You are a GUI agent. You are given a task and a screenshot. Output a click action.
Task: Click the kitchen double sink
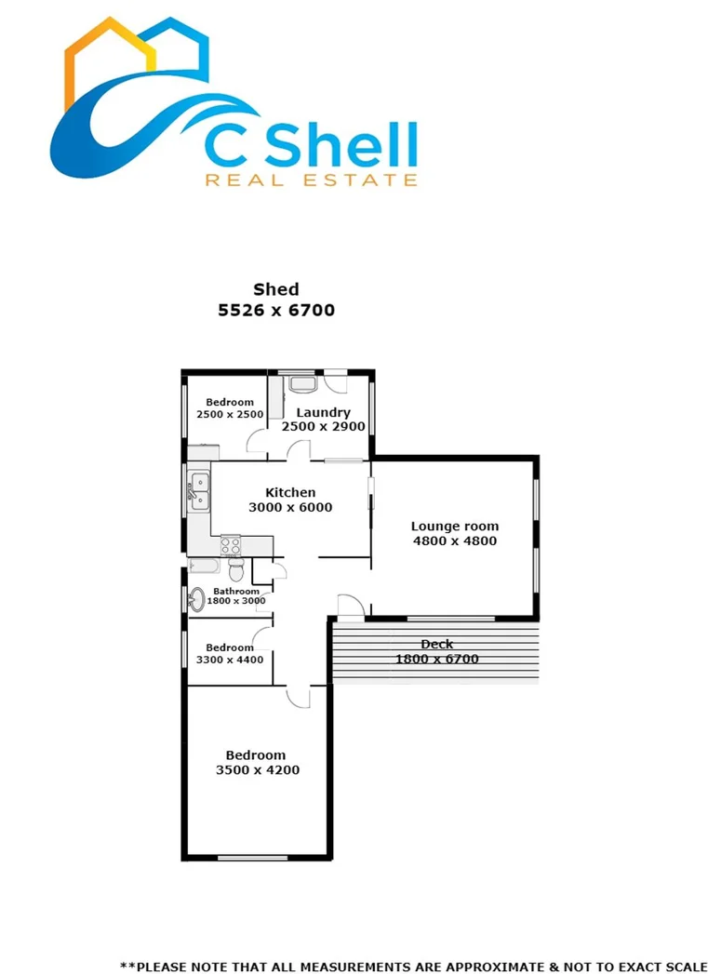pos(199,490)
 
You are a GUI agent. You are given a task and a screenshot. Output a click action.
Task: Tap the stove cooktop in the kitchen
pos(230,545)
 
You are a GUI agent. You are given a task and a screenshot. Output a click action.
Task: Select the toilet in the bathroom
pos(235,568)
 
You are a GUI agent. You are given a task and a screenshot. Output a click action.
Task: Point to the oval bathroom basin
pos(196,600)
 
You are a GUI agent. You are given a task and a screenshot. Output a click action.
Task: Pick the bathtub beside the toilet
pos(204,566)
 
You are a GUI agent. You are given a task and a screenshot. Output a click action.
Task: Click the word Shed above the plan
pos(276,290)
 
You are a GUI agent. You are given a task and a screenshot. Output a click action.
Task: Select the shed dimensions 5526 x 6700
pos(276,311)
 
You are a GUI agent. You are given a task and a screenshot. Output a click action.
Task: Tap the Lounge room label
pos(455,527)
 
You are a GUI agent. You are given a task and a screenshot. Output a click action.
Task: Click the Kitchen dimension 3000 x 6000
pos(290,508)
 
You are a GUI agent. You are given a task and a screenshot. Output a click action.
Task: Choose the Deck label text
pos(436,644)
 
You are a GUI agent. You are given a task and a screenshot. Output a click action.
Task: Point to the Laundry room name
pos(323,412)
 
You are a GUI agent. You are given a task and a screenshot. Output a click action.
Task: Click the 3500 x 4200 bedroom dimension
pos(257,770)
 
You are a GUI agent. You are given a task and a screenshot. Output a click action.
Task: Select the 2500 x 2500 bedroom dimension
pos(230,415)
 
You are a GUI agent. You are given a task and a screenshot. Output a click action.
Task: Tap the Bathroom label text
pos(236,591)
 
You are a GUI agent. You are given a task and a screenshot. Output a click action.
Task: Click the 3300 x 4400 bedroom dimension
pos(230,660)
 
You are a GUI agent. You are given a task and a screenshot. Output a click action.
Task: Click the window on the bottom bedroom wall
pos(252,857)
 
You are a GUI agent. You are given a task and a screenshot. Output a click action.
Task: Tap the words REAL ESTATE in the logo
pos(311,180)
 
